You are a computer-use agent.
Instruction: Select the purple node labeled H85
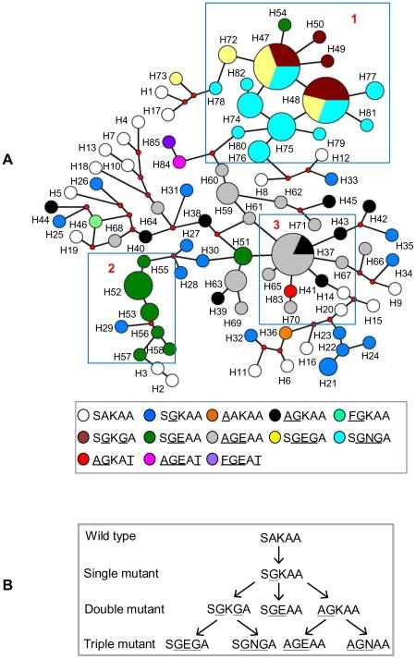169,142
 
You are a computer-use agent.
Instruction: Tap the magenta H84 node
179,161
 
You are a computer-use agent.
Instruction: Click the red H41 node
290,291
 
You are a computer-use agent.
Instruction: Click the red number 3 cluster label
275,225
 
